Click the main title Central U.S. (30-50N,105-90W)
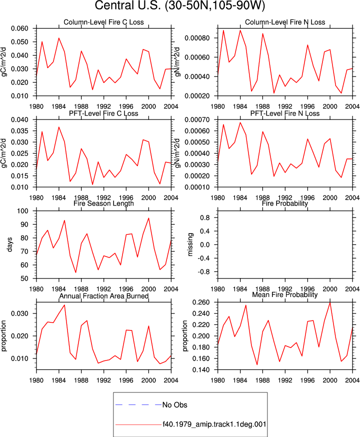179,5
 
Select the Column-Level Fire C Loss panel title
103,22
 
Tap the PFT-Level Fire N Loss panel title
285,113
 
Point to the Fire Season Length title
103,203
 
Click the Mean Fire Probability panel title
285,294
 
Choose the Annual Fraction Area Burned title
103,296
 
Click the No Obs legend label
174,405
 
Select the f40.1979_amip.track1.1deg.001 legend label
214,424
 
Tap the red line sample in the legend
138,424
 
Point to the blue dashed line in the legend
138,404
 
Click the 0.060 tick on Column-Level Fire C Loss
20,28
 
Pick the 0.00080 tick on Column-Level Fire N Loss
197,38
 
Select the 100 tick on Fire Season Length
23,211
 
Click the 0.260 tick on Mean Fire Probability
201,302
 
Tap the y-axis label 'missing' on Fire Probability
190,244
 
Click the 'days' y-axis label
9,244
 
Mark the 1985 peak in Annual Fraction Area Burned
64,305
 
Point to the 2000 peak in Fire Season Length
148,218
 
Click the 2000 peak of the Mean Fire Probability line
330,302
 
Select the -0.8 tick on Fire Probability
204,271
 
